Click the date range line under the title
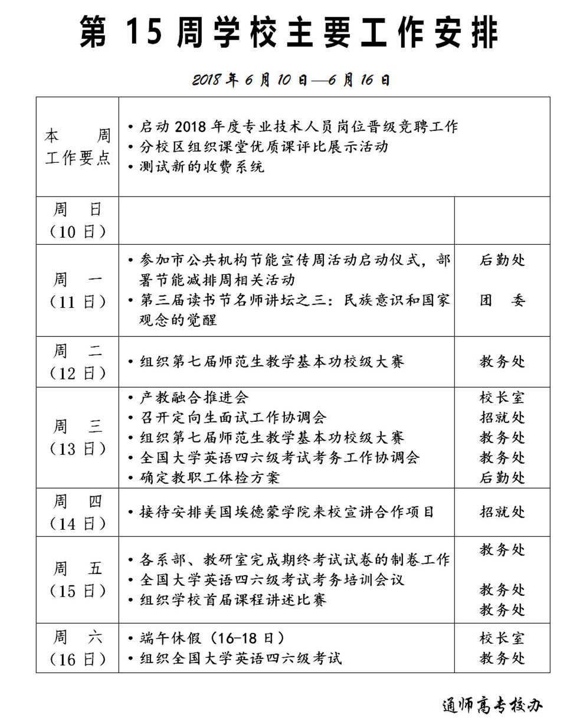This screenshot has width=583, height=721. point(291,80)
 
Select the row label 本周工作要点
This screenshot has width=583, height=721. point(77,148)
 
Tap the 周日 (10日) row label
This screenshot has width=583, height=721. point(77,221)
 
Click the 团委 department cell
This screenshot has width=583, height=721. point(502,300)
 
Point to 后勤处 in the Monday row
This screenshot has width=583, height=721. point(502,260)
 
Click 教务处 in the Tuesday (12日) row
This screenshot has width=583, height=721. point(502,362)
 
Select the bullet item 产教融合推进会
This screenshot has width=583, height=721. point(194,398)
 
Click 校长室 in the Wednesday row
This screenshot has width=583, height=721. point(502,398)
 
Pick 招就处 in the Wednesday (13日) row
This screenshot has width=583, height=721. point(502,418)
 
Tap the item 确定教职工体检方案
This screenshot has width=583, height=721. point(209,477)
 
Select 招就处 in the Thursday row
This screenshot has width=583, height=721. point(502,512)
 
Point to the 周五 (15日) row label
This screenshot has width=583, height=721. point(77,580)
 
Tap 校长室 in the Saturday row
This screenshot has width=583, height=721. point(502,638)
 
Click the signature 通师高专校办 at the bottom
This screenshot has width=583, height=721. point(492,705)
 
